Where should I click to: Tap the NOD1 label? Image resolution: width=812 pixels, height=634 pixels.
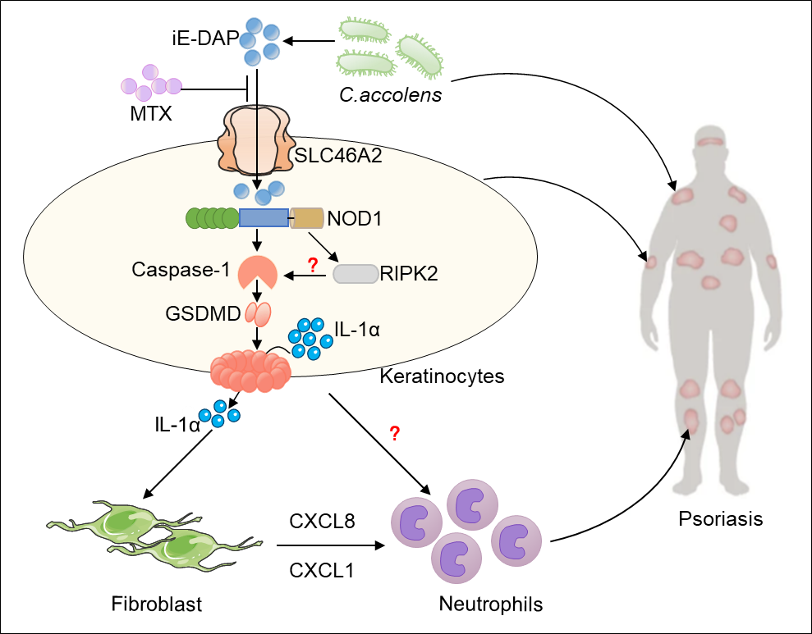click(x=355, y=218)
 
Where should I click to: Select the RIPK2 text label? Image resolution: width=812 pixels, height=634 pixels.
click(x=409, y=273)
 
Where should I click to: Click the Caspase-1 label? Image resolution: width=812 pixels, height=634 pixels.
click(x=181, y=270)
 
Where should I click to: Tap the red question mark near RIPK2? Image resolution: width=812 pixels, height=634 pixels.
click(x=312, y=265)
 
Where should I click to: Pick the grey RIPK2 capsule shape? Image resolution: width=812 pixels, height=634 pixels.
click(x=356, y=274)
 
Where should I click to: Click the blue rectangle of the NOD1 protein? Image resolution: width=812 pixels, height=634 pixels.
click(x=264, y=217)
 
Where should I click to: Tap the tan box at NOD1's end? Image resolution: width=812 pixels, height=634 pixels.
click(x=308, y=218)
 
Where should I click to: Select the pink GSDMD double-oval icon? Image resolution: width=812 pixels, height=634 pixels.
click(x=258, y=314)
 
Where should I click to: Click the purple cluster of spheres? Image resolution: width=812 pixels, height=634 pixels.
click(x=150, y=83)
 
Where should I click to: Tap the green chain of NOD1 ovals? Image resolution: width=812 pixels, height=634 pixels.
click(x=212, y=218)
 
